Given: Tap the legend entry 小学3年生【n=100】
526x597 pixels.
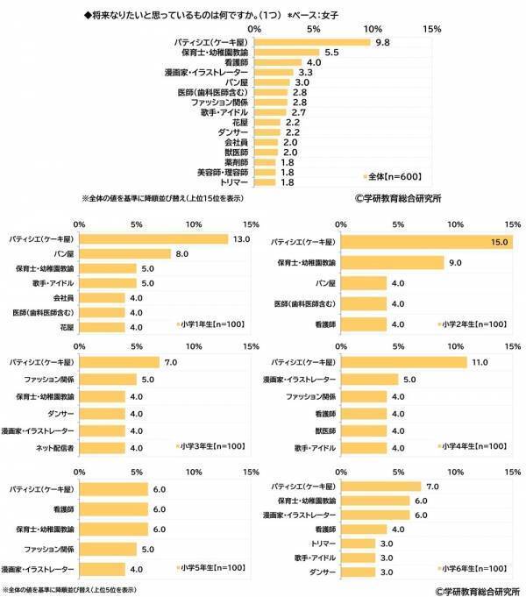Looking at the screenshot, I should click(x=211, y=446).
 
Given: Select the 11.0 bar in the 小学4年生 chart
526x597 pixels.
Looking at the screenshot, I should click(x=403, y=362).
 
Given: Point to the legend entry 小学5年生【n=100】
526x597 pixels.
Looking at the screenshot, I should click(x=211, y=567).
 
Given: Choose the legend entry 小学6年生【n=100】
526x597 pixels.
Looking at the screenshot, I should click(x=473, y=567).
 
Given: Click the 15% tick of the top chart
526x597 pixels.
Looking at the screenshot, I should click(x=431, y=29).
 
